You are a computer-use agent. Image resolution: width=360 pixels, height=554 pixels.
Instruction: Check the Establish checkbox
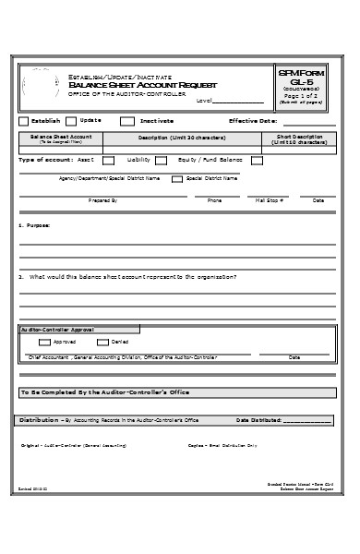click(x=24, y=121)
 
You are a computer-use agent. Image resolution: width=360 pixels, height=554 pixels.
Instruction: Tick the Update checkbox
click(x=72, y=121)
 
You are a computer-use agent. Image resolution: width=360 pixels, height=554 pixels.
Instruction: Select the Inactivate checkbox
click(x=127, y=121)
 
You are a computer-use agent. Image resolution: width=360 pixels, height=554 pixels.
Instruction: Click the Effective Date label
click(x=252, y=121)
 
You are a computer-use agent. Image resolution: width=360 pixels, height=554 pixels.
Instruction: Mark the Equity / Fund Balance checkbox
click(x=257, y=160)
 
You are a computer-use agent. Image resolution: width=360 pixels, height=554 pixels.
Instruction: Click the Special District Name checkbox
click(x=177, y=179)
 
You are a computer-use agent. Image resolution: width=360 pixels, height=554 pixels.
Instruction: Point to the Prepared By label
click(x=102, y=200)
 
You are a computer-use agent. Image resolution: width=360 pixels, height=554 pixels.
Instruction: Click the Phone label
click(x=215, y=200)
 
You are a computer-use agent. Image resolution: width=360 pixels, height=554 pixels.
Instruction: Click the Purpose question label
click(x=35, y=225)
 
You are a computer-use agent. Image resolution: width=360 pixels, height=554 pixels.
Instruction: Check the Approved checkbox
click(x=45, y=342)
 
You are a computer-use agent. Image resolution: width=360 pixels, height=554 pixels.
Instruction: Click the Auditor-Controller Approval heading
click(x=57, y=328)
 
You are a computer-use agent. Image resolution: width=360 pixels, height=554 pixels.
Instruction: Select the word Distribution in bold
click(x=39, y=420)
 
